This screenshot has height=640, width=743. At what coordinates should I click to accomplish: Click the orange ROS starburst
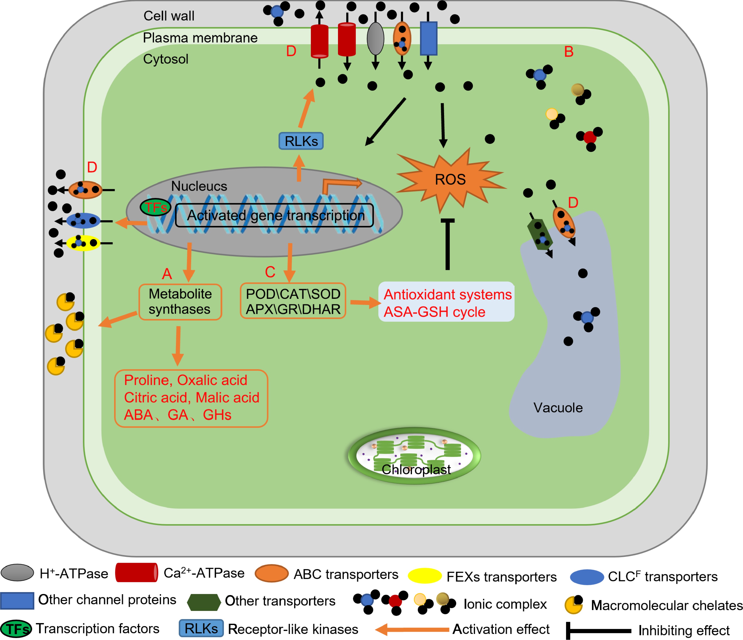[450, 179]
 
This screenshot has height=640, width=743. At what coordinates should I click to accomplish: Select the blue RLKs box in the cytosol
[301, 141]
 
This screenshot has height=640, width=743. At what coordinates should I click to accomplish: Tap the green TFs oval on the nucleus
[155, 207]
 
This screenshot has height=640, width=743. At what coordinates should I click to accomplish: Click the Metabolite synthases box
[180, 302]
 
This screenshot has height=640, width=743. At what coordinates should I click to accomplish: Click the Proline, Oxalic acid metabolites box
[191, 398]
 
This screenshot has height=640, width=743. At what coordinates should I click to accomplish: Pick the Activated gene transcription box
[274, 215]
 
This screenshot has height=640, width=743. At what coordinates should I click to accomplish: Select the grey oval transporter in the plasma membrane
[376, 39]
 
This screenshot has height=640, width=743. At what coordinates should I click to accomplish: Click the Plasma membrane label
[200, 38]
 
